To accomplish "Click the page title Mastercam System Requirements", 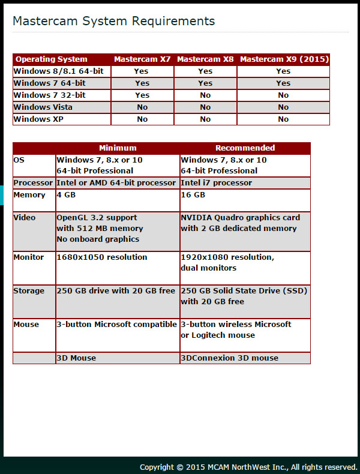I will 113,21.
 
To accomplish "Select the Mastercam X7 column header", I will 142,59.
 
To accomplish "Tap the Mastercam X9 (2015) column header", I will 283,59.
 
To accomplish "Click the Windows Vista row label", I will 43,107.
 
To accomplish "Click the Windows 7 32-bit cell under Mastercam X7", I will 142,95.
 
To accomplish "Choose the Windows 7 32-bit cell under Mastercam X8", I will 205,95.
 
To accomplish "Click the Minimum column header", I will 118,148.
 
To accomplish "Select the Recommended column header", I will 245,148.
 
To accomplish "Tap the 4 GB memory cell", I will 67,195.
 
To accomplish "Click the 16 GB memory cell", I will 193,195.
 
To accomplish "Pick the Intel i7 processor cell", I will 217,183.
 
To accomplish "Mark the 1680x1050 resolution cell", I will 101,257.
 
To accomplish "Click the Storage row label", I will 29,291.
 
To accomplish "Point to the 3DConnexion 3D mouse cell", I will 230,358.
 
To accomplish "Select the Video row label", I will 25,218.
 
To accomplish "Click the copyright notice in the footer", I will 248,467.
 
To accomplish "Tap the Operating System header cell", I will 52,59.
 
